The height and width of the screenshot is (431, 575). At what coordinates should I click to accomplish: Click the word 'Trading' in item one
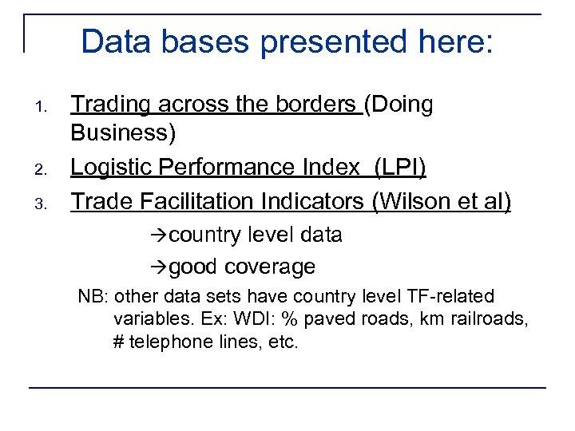pyautogui.click(x=111, y=105)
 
